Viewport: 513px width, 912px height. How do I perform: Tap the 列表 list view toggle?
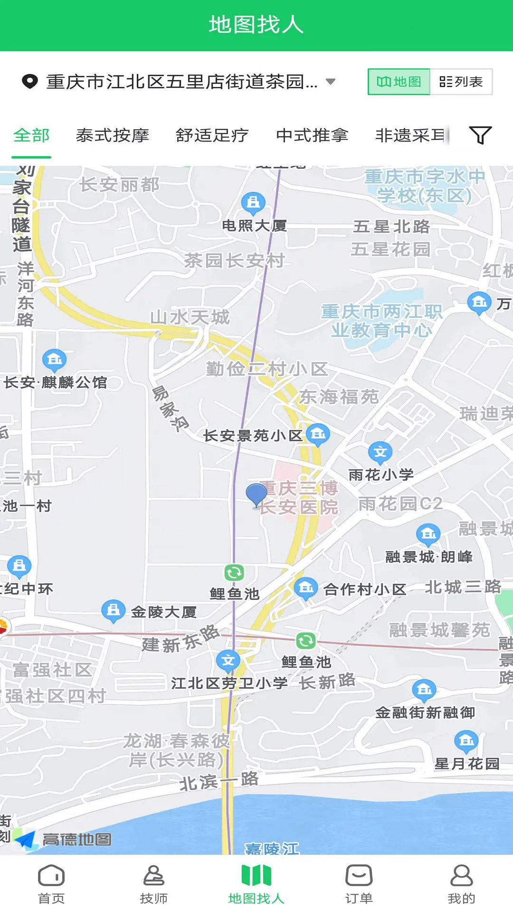[x=461, y=82]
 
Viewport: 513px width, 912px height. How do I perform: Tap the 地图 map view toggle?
[x=399, y=82]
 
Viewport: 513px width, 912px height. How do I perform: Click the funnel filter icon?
[x=480, y=135]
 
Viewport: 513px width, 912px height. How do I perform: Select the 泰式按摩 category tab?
[x=113, y=136]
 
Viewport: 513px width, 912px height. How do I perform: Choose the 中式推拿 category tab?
[x=312, y=136]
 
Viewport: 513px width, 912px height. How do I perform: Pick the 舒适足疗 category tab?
[x=212, y=136]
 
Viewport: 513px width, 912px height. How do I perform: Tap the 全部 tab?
[x=31, y=136]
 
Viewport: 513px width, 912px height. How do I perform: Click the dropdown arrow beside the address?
[x=331, y=82]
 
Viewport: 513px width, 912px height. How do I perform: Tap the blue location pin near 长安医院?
[x=256, y=494]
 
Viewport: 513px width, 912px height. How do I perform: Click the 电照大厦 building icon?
[x=253, y=202]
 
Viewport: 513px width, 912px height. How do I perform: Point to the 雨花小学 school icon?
[x=380, y=452]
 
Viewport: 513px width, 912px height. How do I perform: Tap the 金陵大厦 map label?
[x=163, y=612]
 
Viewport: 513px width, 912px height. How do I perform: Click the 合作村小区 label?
[x=365, y=589]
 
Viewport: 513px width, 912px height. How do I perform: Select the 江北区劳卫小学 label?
[x=229, y=683]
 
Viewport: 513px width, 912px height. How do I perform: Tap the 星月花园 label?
[x=467, y=764]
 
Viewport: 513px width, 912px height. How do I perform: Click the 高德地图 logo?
[x=64, y=839]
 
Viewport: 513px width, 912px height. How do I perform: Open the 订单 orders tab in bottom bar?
[x=359, y=883]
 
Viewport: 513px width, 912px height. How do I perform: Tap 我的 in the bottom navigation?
[x=461, y=883]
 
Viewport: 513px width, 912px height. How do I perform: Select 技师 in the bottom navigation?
[x=153, y=883]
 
